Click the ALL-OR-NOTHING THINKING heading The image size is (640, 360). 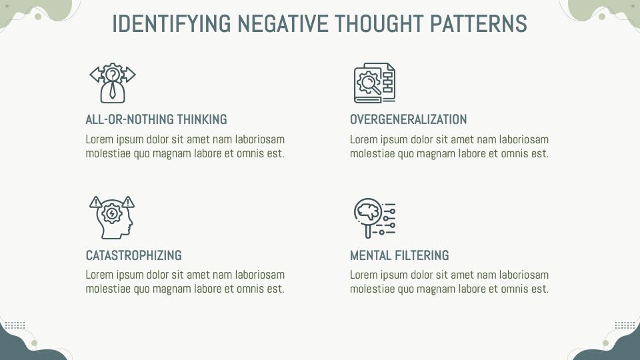pos(156,120)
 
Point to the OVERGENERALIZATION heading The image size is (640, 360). pos(408,120)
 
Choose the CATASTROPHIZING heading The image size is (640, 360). pos(133,255)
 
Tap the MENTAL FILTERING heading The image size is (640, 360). pos(399,255)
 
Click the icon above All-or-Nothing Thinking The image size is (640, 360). pos(113,83)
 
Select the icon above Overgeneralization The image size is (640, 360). pos(374,83)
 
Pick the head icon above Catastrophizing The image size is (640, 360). pos(112,217)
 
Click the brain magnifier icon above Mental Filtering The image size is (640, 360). pos(374,217)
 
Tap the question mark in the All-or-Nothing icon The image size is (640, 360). pos(113,75)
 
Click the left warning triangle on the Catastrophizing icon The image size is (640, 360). pos(95,201)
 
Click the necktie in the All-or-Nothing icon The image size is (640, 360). pos(113,91)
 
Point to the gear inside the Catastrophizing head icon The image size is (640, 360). pos(112,214)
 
